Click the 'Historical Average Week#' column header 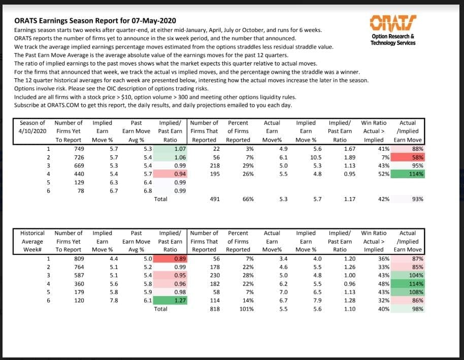coord(32,241)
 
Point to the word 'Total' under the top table coord(160,200)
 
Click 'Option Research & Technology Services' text coord(393,40)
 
